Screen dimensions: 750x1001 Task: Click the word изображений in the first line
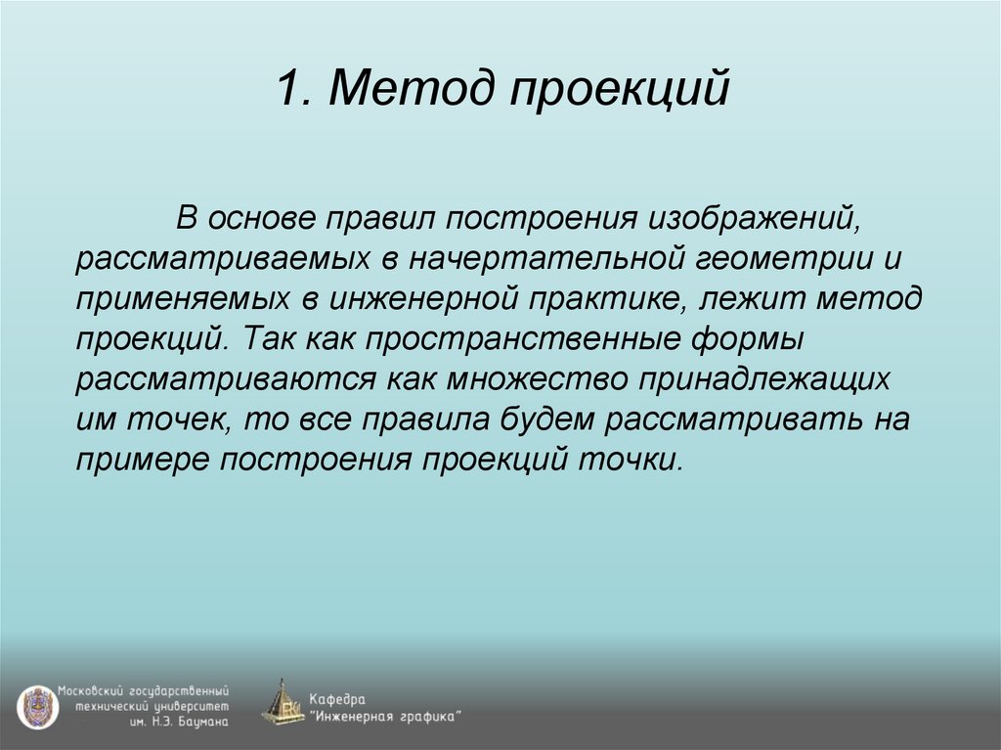pos(753,216)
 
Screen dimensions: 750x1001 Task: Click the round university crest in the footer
pos(36,704)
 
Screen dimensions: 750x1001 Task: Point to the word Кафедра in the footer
pos(337,698)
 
